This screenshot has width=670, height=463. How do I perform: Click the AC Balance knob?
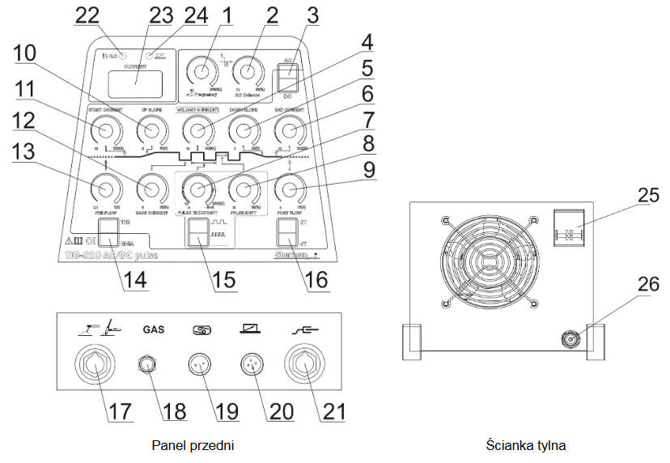(248, 74)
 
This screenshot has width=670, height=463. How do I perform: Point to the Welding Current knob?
(195, 130)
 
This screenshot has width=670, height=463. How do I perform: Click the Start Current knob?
(104, 130)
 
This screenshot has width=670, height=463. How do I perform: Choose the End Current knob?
(287, 130)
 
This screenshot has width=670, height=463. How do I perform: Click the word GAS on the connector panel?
(154, 330)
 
